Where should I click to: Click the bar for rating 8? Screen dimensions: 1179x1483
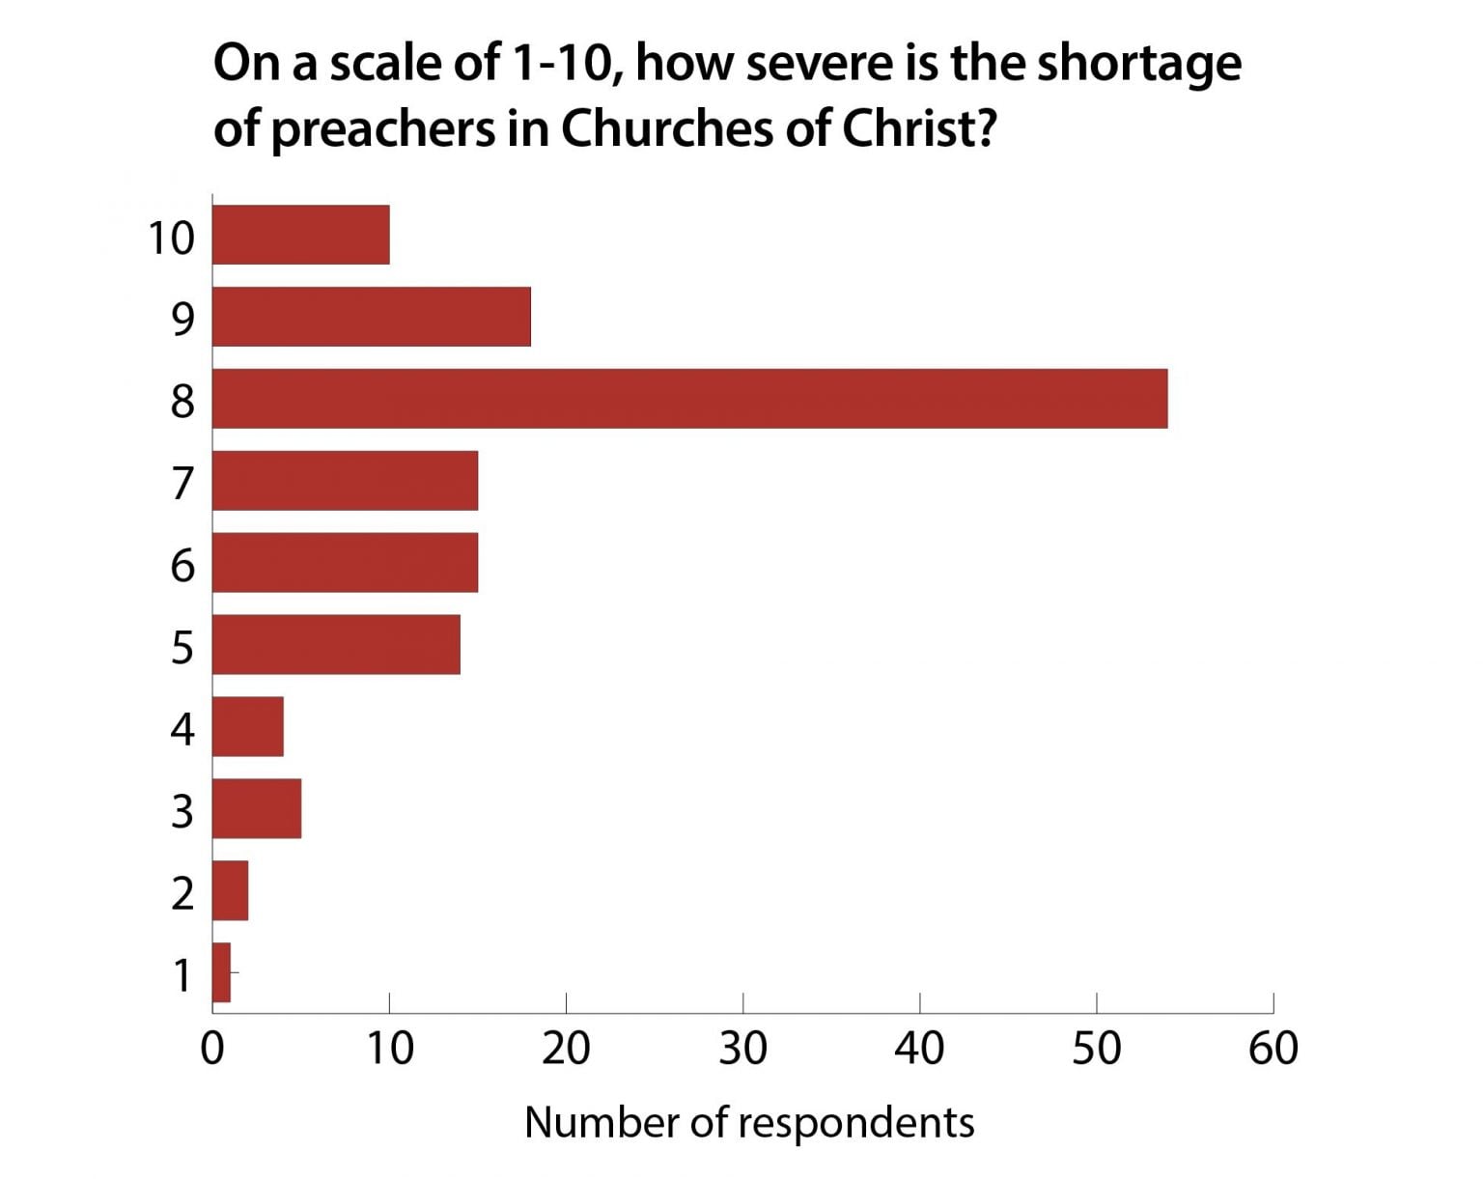point(689,398)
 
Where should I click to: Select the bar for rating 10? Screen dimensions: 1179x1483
point(300,235)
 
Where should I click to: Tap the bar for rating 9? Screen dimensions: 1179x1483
point(371,317)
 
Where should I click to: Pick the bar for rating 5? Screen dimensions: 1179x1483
point(336,644)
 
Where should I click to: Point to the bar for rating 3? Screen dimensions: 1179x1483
point(257,808)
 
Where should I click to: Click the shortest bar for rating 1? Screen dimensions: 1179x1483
point(222,972)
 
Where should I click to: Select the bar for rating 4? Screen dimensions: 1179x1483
point(248,726)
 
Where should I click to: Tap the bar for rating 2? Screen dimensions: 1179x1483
point(231,890)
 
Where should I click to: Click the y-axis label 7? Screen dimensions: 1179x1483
point(182,482)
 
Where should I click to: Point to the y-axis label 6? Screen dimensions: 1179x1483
point(182,564)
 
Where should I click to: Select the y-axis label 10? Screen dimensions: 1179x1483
point(171,237)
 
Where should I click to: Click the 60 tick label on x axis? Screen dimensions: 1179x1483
point(1273,1048)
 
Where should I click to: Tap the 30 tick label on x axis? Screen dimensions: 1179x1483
point(742,1048)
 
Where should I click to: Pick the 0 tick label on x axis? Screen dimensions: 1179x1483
point(212,1048)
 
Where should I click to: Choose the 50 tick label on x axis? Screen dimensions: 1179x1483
point(1096,1048)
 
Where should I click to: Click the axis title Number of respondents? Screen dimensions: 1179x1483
point(749,1122)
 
